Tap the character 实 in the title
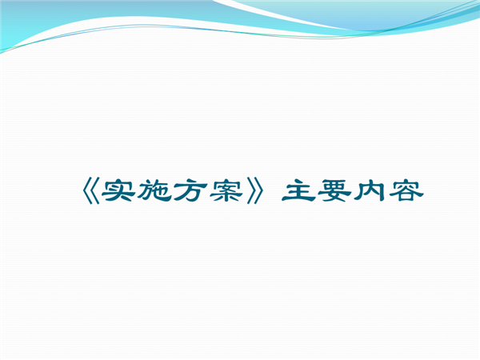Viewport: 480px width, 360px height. click(118, 191)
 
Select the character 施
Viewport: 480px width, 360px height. click(154, 191)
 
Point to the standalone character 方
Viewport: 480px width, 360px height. click(190, 191)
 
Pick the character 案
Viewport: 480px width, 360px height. click(226, 191)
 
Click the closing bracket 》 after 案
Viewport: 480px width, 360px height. click(254, 192)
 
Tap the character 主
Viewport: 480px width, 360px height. click(298, 191)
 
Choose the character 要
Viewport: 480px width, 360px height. click(334, 191)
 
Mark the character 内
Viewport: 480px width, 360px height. click(370, 191)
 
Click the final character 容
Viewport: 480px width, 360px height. click(406, 191)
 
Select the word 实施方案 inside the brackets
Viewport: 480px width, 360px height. click(172, 191)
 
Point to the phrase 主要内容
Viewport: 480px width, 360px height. click(353, 191)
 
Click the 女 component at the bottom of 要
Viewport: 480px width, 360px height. click(334, 197)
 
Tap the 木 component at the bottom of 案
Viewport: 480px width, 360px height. click(226, 196)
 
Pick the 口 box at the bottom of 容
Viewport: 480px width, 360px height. click(406, 198)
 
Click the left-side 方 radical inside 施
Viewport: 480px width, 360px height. click(145, 192)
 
